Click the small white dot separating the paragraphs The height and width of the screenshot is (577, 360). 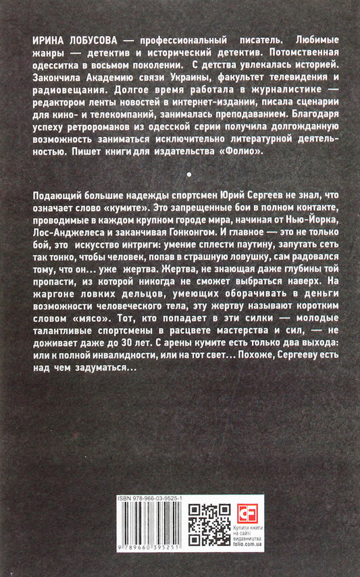pyautogui.click(x=179, y=173)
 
